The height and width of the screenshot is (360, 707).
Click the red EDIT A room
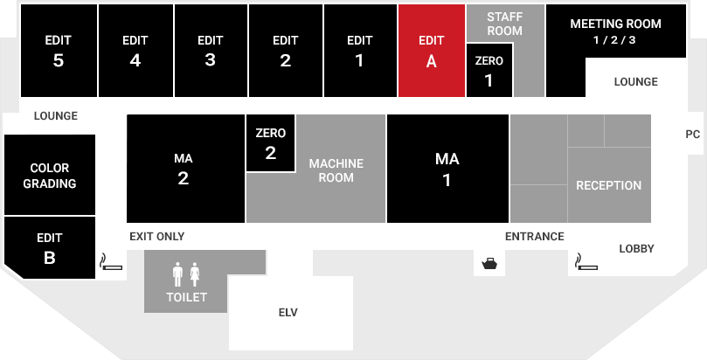[432, 51]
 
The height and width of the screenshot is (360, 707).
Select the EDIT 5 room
[59, 51]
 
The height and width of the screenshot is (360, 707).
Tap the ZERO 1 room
[489, 70]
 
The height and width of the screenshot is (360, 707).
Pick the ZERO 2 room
[271, 142]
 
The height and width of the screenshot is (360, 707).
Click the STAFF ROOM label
[504, 24]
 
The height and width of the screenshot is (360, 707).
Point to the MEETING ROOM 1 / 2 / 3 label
[615, 31]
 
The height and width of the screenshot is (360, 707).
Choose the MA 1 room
[447, 169]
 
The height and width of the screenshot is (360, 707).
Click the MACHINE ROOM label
[336, 170]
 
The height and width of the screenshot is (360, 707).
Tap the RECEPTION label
[609, 185]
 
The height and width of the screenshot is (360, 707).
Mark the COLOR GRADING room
[50, 175]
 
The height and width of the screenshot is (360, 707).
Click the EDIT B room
[50, 248]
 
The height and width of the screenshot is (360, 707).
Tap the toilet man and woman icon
[186, 274]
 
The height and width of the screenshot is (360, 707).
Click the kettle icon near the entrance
[489, 264]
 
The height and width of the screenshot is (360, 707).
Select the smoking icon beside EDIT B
[111, 262]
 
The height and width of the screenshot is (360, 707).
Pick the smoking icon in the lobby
[586, 262]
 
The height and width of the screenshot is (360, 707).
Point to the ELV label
[288, 312]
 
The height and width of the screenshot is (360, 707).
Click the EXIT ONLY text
[157, 237]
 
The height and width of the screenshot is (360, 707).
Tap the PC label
[692, 135]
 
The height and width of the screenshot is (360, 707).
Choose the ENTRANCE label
[534, 237]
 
